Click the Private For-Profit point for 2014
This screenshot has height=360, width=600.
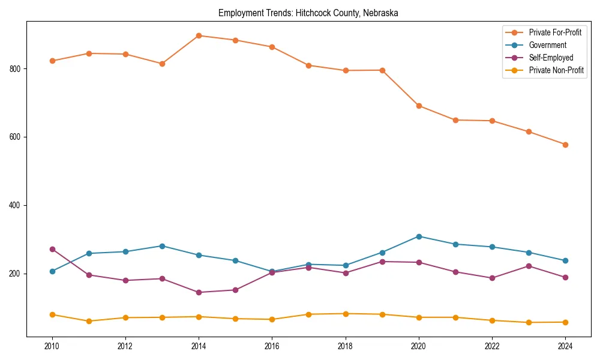click(199, 35)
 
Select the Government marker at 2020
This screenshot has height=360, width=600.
click(419, 236)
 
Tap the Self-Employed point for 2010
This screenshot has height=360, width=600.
click(52, 249)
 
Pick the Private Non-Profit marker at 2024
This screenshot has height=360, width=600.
click(565, 322)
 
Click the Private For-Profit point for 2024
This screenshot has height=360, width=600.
click(565, 145)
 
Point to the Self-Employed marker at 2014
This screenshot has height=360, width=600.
click(199, 292)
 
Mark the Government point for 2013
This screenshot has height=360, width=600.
click(162, 246)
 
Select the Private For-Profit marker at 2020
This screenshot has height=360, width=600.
click(419, 106)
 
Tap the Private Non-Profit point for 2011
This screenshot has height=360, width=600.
click(89, 321)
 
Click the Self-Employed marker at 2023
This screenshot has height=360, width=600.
click(529, 266)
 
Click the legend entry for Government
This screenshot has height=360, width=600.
click(547, 45)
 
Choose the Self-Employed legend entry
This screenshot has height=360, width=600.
click(551, 58)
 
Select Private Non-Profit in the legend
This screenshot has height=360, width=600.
click(556, 70)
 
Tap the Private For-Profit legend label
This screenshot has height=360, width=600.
click(555, 32)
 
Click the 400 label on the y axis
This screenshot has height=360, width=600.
click(15, 205)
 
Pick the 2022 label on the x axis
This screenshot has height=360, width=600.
click(492, 346)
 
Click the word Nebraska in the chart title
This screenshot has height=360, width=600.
click(380, 13)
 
